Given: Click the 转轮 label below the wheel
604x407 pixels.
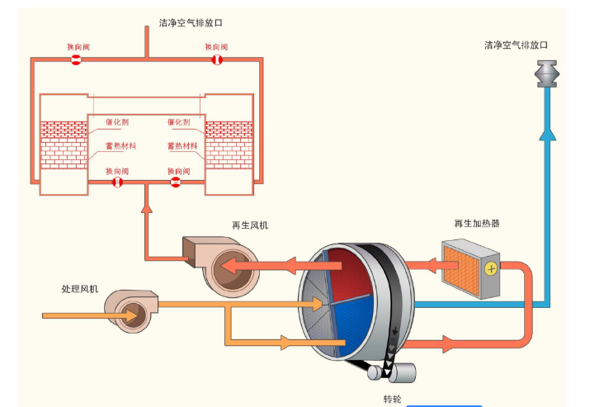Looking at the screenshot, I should pos(394,399).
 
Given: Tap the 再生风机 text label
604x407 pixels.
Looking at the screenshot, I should pos(249,224).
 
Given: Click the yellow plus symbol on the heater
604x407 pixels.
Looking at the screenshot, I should pos(490,267).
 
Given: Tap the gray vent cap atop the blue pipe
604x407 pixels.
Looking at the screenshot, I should pos(546,74).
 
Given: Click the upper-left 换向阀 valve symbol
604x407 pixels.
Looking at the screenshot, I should pos(77,59).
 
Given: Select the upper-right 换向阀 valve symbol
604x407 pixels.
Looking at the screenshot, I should pos(216,59).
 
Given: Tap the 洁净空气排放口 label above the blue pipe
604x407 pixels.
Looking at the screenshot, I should pos(516,45).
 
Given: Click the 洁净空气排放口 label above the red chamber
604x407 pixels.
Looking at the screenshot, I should pos(191,22).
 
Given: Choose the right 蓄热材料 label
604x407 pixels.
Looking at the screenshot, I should pos(182,146).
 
